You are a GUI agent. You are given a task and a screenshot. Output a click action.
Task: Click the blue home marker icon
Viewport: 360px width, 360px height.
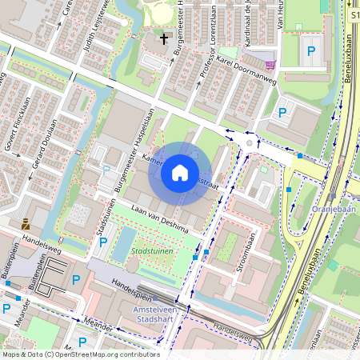click(x=180, y=171)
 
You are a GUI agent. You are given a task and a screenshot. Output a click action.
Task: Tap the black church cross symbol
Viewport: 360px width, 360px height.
click(x=165, y=38)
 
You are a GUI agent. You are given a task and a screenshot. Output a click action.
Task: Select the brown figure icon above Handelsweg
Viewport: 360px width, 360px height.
click(x=26, y=225)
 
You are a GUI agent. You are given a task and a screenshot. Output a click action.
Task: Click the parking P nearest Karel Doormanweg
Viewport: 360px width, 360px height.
click(x=282, y=114)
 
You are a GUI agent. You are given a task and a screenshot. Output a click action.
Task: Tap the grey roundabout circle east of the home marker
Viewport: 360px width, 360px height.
click(x=250, y=143)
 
